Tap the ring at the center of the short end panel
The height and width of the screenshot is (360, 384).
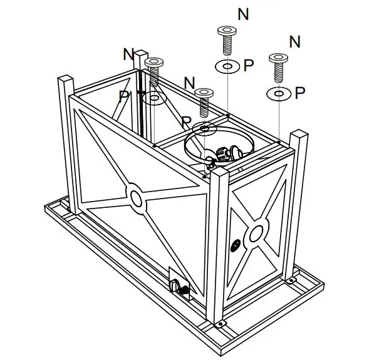coord(255,234)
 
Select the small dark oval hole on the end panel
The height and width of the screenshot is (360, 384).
coord(236,245)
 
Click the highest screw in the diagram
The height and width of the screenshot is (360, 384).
coord(226,39)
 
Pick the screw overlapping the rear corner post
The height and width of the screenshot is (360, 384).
coord(153,70)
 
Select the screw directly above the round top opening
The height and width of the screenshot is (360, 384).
coord(204,102)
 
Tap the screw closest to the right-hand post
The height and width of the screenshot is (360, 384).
coord(278,66)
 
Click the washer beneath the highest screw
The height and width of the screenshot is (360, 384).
coord(226,66)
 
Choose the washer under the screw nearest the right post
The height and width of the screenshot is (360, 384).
coord(278,94)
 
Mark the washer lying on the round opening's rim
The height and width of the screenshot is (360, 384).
coord(204,128)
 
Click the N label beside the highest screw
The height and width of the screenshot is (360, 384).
coord(243,14)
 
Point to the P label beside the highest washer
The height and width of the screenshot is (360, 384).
coord(248,66)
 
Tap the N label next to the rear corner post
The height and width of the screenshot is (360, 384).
coord(128,54)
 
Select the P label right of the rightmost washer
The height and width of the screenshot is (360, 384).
coord(300,93)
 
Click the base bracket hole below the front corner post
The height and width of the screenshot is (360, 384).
coord(221,324)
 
